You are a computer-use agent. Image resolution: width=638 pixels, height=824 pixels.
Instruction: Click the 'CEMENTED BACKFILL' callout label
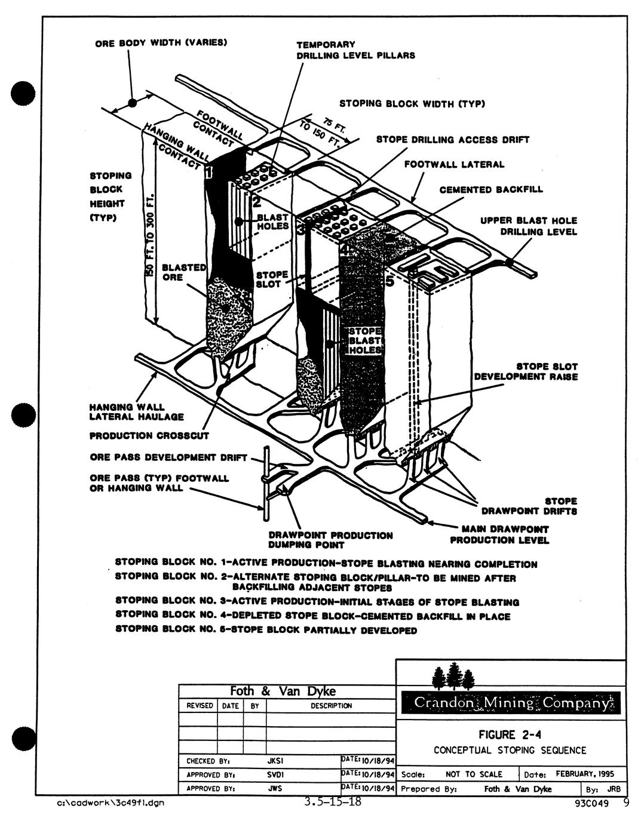491,190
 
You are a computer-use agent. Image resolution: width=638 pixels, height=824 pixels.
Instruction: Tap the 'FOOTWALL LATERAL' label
454,164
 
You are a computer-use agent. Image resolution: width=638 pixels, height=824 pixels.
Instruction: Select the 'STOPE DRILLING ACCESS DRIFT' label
452,140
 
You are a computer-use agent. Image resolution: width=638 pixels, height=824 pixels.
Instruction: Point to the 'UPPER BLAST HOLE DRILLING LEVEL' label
529,226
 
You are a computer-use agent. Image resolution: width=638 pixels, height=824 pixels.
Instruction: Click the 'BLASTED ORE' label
184,272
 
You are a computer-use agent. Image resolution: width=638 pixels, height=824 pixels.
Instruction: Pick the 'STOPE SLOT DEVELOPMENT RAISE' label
526,371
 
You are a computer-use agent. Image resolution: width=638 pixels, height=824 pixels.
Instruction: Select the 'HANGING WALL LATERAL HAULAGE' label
136,412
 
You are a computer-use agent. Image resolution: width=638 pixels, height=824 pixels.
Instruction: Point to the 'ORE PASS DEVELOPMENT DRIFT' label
168,458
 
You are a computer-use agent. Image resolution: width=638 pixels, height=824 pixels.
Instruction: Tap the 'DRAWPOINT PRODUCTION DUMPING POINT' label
330,540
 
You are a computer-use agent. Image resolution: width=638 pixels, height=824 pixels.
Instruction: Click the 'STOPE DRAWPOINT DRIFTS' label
529,506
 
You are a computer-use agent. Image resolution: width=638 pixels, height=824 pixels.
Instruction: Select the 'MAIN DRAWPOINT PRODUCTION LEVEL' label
499,534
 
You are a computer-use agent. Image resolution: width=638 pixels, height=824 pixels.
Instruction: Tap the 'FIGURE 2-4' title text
510,734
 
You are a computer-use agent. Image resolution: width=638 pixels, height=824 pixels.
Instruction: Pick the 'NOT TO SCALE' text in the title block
474,774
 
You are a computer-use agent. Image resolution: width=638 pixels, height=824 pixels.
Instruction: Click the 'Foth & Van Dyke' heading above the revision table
283,691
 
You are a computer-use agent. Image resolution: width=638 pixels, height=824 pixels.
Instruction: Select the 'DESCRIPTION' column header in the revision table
331,706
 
